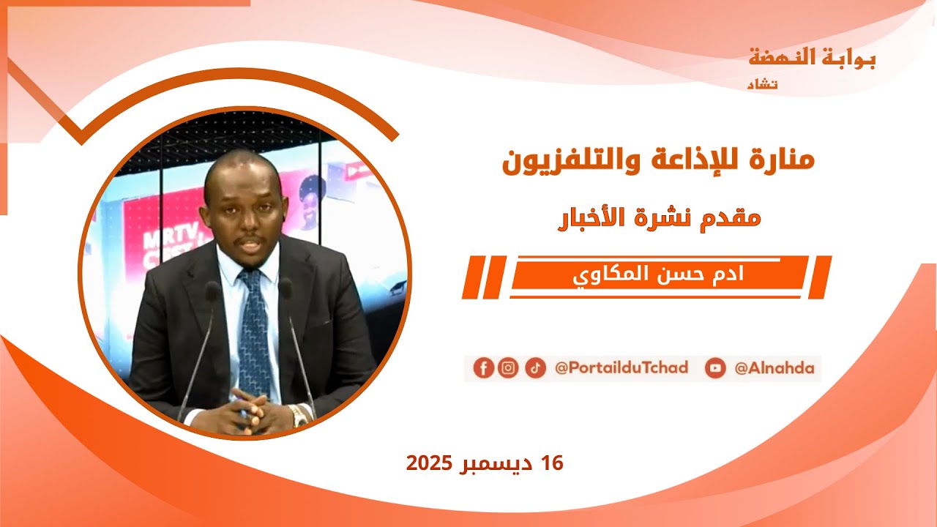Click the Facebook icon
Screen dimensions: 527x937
coord(483,367)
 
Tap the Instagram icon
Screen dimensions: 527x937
coord(508,367)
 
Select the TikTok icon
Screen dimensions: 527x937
coord(535,367)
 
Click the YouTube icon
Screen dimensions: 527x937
coord(715,368)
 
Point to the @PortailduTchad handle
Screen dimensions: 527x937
coord(621,368)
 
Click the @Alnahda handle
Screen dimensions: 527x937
coord(774,368)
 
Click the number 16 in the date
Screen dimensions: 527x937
coord(552,463)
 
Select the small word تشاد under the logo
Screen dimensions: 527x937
coord(762,85)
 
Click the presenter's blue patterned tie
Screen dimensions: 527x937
coord(254,329)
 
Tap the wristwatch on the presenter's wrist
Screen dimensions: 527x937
coord(299,416)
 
